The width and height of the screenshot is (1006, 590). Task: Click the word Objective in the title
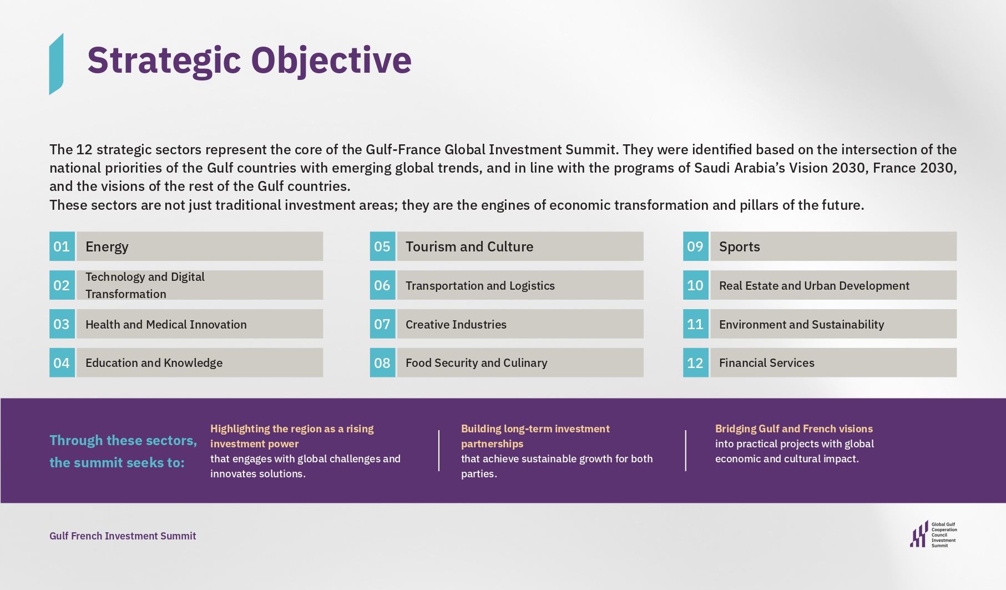(x=331, y=60)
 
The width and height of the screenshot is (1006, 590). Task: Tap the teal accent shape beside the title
(x=56, y=64)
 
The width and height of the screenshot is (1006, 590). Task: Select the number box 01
(x=62, y=246)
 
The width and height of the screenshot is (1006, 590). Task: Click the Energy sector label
(x=107, y=246)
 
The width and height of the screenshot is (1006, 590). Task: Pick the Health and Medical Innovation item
(x=166, y=324)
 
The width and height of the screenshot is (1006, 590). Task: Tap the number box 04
(x=62, y=363)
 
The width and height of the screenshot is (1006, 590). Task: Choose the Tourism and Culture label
(x=469, y=246)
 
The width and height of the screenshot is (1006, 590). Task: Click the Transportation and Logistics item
(x=480, y=285)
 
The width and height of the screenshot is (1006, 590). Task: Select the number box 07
(x=382, y=324)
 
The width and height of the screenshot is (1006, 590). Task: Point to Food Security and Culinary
(x=476, y=363)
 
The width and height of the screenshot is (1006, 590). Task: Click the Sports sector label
(x=739, y=246)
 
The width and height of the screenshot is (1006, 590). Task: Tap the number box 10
(x=695, y=285)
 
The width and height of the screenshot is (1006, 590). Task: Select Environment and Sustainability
(x=801, y=324)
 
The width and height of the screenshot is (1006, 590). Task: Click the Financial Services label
(x=766, y=363)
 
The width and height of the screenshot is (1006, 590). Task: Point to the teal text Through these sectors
(x=123, y=441)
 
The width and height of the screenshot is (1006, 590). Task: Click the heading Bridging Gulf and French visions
(x=793, y=428)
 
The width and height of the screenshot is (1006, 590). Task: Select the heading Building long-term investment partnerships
(x=535, y=436)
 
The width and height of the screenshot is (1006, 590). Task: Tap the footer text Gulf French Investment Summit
(x=123, y=536)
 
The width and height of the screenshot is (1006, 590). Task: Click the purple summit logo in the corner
(x=919, y=534)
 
